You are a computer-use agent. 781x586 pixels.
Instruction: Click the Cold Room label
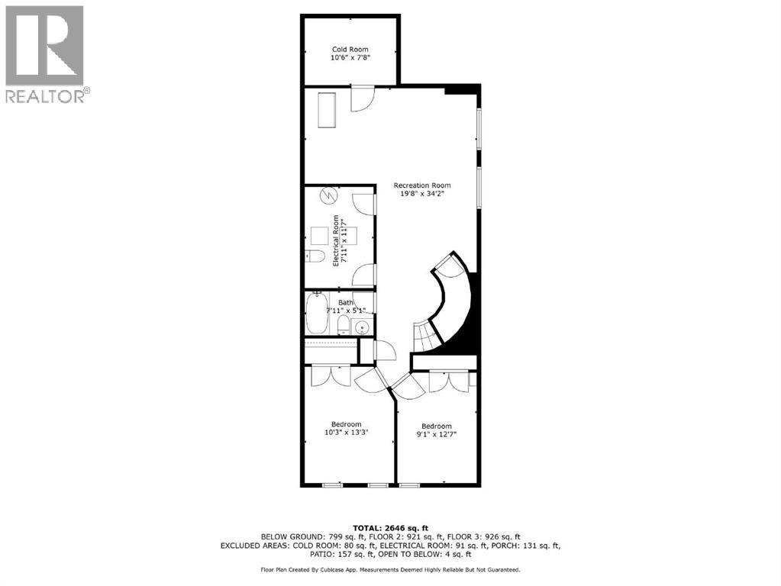(350, 50)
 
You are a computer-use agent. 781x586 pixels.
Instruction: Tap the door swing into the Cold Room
(362, 100)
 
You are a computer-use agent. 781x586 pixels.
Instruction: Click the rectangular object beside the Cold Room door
(327, 111)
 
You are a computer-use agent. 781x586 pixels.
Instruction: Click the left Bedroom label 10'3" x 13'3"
(345, 430)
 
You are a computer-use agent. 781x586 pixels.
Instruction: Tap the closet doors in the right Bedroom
(447, 381)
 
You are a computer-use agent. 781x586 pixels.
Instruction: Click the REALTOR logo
(45, 53)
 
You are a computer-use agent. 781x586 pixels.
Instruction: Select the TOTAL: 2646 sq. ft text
(390, 527)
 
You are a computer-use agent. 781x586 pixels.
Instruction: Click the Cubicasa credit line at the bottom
(390, 569)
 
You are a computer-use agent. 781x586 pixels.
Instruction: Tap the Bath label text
(346, 303)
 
